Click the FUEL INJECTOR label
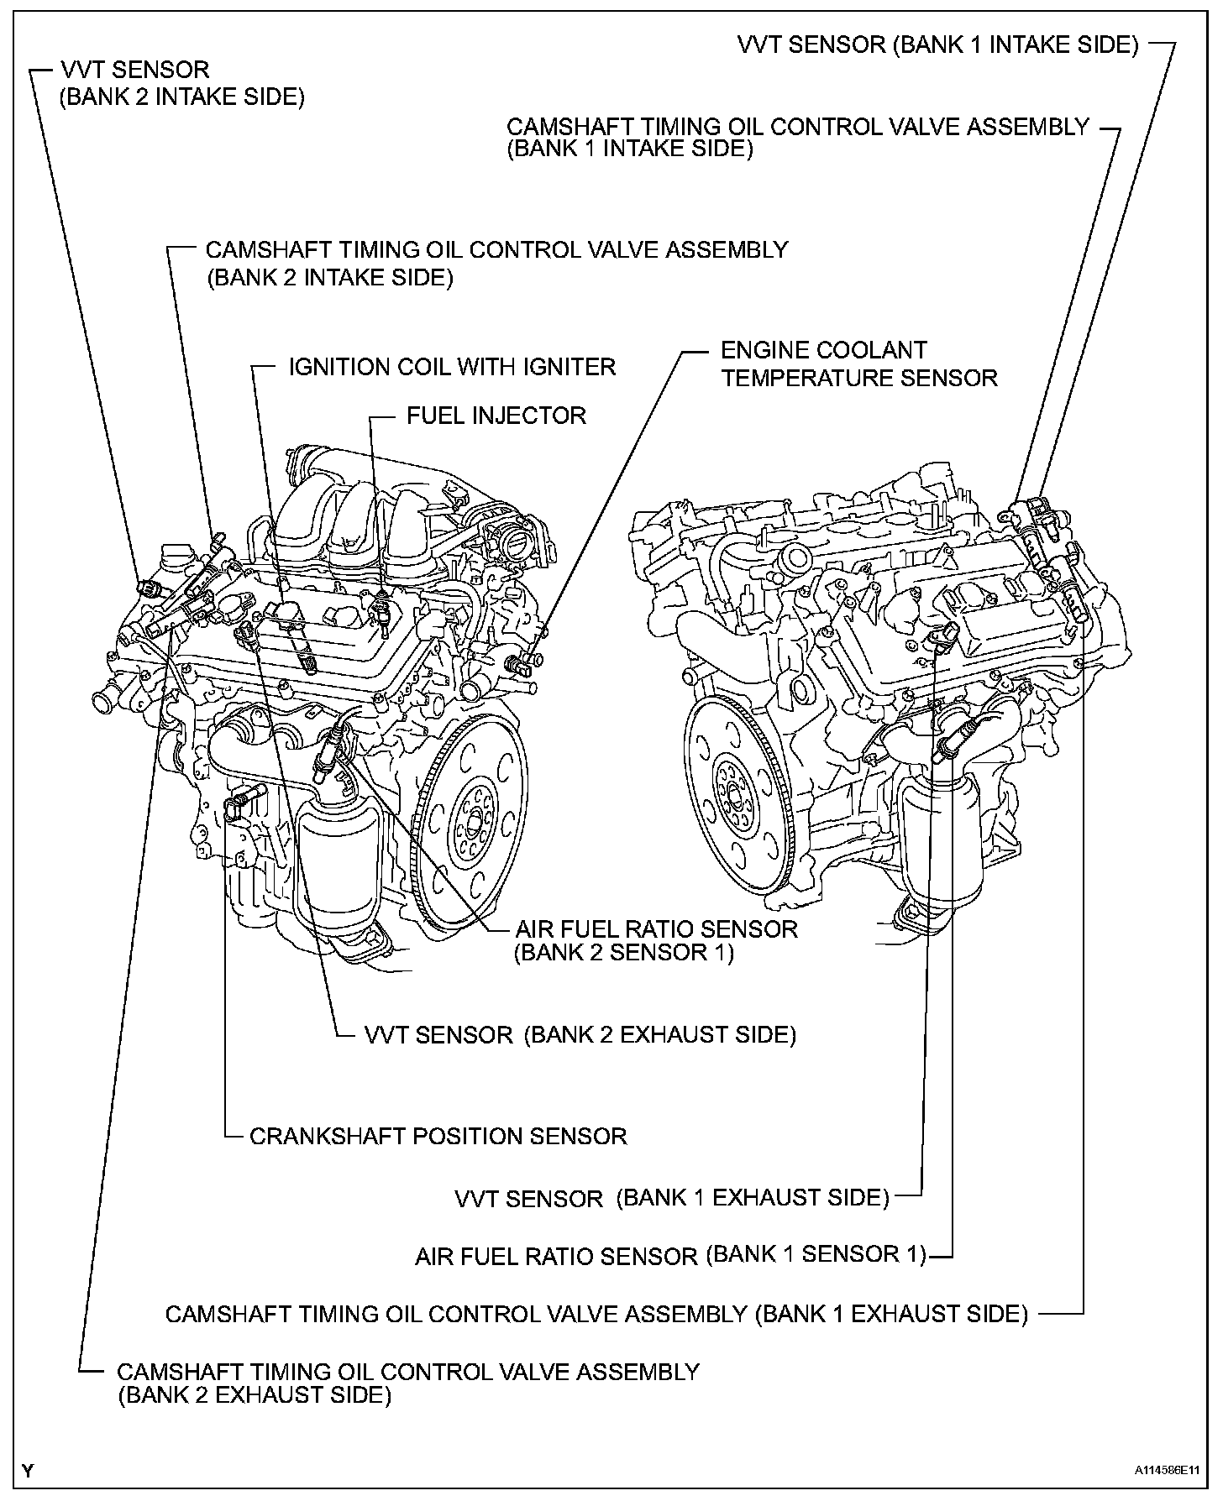pyautogui.click(x=496, y=416)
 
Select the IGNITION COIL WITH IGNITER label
pyautogui.click(x=452, y=367)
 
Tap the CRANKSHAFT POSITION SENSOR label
pyautogui.click(x=438, y=1137)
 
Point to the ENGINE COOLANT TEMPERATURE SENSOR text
pyautogui.click(x=858, y=364)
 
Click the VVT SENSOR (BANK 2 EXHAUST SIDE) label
pyautogui.click(x=580, y=1035)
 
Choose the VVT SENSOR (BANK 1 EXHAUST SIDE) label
pyautogui.click(x=671, y=1198)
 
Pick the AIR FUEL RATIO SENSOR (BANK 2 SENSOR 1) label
pyautogui.click(x=656, y=940)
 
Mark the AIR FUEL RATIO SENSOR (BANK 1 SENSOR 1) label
pyautogui.click(x=669, y=1256)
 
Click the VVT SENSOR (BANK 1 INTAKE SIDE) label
pyautogui.click(x=937, y=44)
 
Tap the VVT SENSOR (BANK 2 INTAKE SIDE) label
pyautogui.click(x=181, y=83)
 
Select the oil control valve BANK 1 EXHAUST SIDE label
pyautogui.click(x=596, y=1314)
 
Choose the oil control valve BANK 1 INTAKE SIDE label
pyautogui.click(x=797, y=138)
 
